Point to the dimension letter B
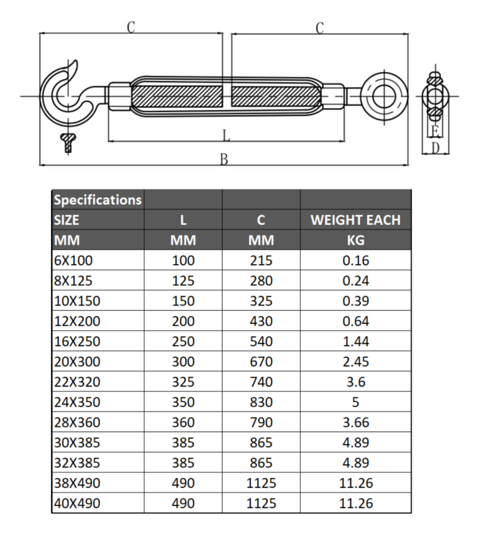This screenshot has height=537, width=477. tap(224, 159)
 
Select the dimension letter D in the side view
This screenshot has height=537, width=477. tap(435, 148)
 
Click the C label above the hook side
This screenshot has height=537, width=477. tap(131, 27)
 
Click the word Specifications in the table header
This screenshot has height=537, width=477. tap(98, 200)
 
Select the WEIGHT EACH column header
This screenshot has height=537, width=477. tap(355, 220)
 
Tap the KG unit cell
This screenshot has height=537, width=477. tap(355, 240)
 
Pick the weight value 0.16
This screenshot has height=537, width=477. tap(355, 260)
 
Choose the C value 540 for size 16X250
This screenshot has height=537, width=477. tap(261, 341)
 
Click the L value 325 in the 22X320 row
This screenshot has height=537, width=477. tap(183, 382)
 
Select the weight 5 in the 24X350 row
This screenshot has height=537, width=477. tap(355, 402)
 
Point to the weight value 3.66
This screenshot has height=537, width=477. tap(355, 423)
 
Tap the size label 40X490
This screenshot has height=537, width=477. tap(77, 503)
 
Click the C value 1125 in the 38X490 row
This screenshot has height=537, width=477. tap(261, 483)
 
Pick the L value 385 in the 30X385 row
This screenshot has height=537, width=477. tap(183, 443)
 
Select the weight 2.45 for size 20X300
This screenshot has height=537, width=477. tap(355, 362)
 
